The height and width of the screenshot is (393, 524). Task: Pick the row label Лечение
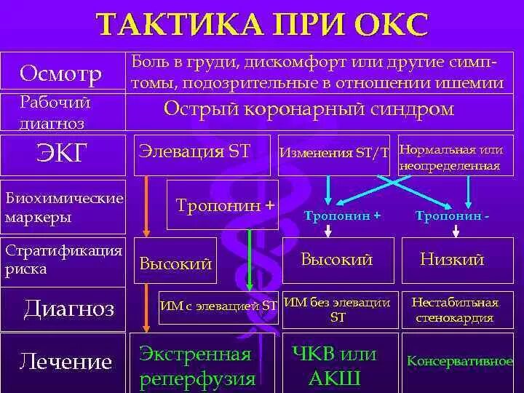click(x=66, y=362)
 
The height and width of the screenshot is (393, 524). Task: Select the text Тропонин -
click(x=451, y=216)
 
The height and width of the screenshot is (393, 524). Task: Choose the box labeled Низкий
click(x=452, y=259)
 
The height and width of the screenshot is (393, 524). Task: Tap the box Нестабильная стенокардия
click(x=455, y=310)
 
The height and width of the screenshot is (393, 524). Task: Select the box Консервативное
click(x=459, y=361)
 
